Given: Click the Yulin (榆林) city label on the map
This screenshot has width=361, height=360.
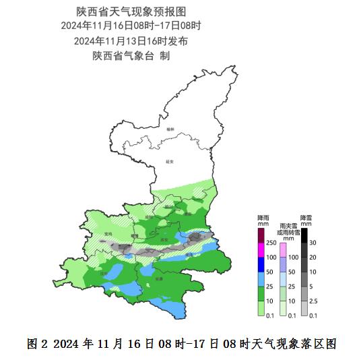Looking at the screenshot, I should pos(171,129).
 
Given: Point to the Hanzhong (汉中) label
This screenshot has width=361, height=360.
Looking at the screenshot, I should pos(104,274).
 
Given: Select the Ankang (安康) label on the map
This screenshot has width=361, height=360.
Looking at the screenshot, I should pos(159,278).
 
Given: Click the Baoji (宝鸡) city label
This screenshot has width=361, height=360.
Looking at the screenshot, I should pos(108,235).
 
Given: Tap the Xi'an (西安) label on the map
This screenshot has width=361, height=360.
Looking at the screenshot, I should pos(163,239).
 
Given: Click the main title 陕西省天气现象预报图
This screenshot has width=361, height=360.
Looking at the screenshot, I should pos(131,11).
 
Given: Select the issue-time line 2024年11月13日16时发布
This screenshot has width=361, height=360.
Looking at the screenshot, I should pos(131,40).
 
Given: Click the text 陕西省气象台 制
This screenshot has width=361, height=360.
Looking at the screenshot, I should pos(131,55).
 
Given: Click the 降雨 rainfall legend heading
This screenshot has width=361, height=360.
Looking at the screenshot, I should pos(263,218).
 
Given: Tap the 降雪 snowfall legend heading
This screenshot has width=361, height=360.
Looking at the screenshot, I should pos(305,218).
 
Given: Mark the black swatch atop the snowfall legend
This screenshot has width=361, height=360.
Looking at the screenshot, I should pos(304,235).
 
